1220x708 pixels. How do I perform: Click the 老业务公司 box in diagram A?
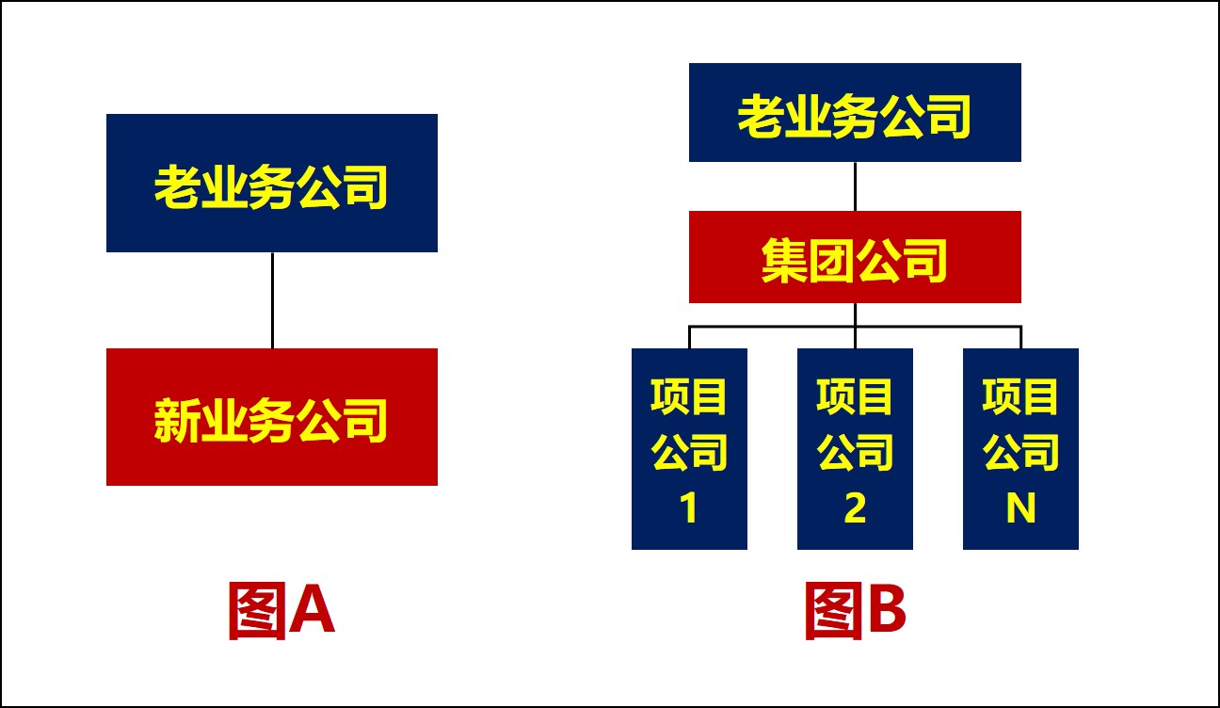point(272,183)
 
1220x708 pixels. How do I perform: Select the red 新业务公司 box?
point(272,417)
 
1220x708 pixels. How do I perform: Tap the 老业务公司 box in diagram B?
point(855,112)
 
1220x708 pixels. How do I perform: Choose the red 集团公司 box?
point(855,256)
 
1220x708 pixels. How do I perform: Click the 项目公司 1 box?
point(689,449)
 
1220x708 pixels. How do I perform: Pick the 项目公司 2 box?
point(855,449)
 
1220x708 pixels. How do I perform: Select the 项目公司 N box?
point(1020,449)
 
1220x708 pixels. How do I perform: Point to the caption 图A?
point(281,610)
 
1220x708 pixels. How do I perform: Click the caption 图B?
point(856,610)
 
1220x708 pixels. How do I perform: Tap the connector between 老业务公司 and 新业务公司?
point(272,300)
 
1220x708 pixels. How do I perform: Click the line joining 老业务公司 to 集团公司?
point(855,186)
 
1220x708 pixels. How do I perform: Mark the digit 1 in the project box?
point(689,507)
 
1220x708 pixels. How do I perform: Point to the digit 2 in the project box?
point(855,507)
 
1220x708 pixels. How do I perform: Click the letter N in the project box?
point(1020,507)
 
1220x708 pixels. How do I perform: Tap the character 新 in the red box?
point(176,420)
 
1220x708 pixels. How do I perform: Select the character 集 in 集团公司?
point(784,261)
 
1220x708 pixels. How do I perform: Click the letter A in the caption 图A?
point(312,611)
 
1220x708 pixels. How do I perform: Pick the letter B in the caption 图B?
point(887,611)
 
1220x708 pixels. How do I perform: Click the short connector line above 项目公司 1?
point(689,337)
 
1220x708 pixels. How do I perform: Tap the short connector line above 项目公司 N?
point(1020,337)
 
